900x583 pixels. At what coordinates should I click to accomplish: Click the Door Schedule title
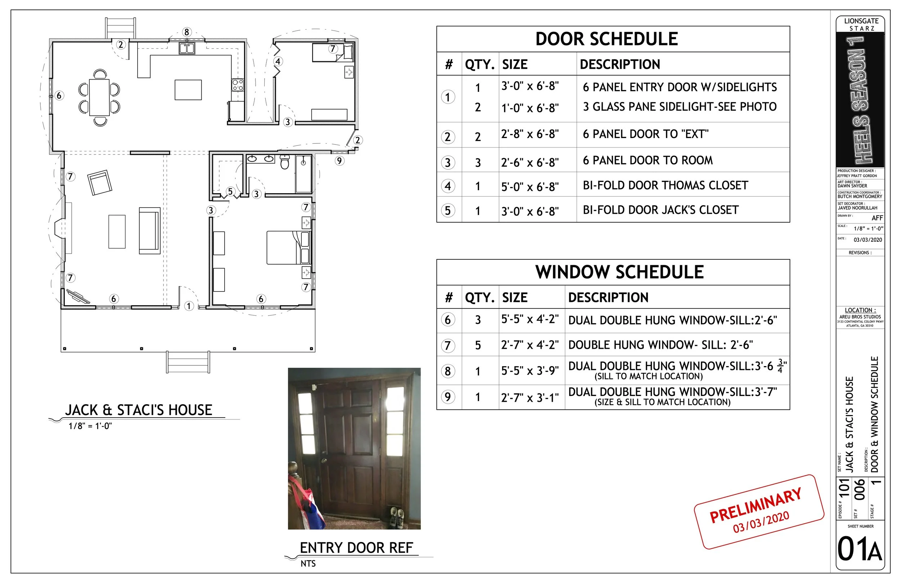point(606,39)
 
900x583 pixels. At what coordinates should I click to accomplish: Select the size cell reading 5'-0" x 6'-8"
point(530,186)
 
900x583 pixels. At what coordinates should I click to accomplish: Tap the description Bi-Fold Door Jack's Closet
point(660,210)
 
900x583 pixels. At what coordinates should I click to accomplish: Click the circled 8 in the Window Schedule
point(448,371)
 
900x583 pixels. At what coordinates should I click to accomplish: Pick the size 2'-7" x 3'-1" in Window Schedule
point(530,397)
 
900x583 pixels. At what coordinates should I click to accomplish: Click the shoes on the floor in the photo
point(397,517)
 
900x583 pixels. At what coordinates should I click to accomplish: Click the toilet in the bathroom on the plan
point(285,162)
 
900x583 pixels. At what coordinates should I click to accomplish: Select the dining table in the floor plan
point(99,97)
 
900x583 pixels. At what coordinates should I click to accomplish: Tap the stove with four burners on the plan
point(238,85)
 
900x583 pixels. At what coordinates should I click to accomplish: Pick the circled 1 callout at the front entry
point(189,306)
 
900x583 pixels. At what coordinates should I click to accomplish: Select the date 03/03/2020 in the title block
point(868,240)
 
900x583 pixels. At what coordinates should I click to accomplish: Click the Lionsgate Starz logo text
point(861,24)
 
